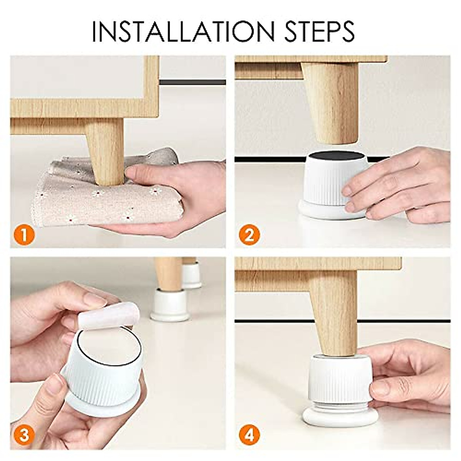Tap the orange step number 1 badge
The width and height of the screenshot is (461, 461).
(x=24, y=235)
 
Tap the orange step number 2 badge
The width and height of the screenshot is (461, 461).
(x=249, y=234)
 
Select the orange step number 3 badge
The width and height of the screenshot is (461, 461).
(x=24, y=435)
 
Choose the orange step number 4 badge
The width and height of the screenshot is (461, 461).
(x=249, y=435)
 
